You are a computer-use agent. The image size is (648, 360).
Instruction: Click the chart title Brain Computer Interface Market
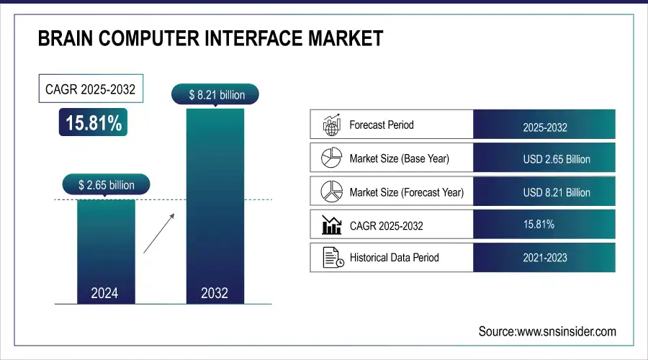tap(210, 38)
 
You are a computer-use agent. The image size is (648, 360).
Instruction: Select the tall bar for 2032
tap(214, 205)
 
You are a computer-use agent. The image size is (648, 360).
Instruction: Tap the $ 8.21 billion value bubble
tap(214, 94)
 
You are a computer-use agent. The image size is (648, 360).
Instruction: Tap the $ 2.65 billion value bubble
tap(106, 185)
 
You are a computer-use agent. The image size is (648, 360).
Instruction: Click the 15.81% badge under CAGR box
tap(94, 123)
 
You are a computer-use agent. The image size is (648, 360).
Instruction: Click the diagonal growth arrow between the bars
tap(158, 233)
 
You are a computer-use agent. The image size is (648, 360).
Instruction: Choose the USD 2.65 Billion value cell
tap(544, 158)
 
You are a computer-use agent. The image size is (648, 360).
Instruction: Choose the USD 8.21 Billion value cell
tap(544, 192)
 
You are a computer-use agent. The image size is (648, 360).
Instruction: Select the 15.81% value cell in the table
tap(544, 225)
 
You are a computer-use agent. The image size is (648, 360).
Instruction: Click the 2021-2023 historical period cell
tap(544, 257)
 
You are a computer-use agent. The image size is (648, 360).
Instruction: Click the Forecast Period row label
tap(381, 125)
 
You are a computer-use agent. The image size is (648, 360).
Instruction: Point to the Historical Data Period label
tap(394, 257)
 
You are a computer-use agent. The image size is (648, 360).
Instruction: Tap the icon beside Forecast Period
tap(330, 125)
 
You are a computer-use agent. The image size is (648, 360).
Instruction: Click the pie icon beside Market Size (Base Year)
tap(330, 158)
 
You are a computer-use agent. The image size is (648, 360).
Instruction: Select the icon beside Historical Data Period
tap(330, 257)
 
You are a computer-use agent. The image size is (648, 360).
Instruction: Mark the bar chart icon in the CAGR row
tap(330, 225)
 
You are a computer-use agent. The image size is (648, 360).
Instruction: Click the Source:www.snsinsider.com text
tap(547, 331)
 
